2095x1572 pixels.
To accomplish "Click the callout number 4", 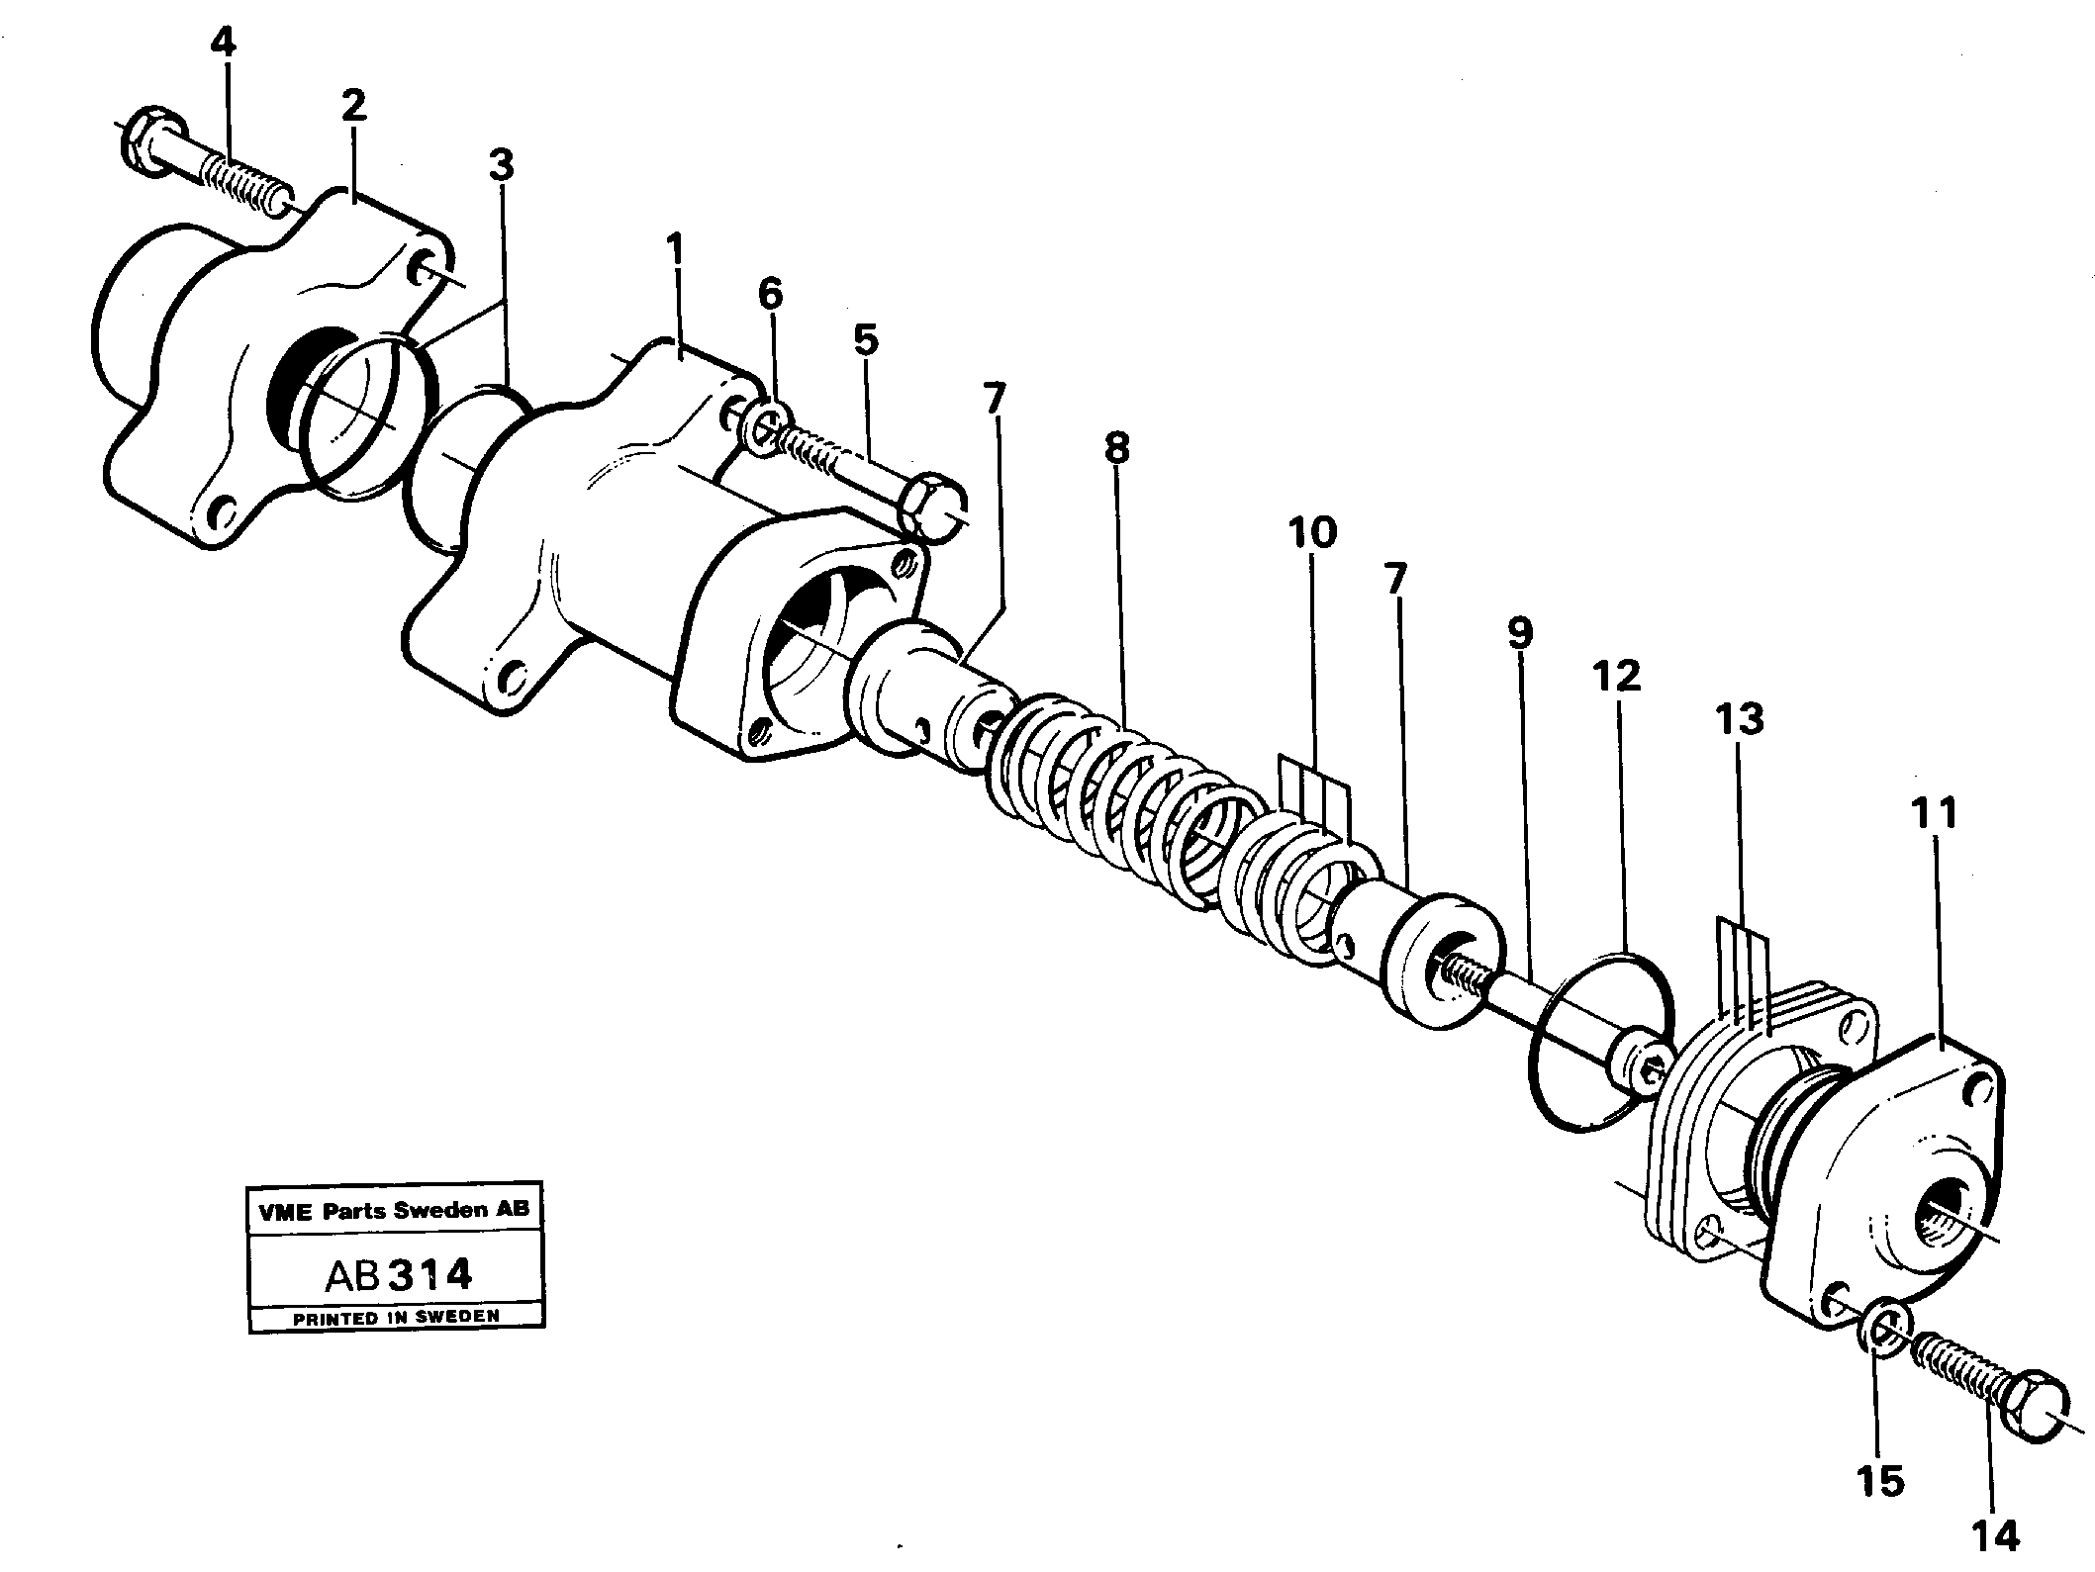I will [225, 45].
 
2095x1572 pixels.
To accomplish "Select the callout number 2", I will [353, 105].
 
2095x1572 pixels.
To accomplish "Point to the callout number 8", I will [1115, 449].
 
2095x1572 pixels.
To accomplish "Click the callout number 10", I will [1313, 533].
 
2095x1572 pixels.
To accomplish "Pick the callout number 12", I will [1616, 676].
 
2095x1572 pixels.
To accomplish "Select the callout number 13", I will [1740, 720].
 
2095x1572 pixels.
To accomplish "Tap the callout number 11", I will [1935, 813].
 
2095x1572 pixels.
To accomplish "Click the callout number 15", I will [1879, 1481].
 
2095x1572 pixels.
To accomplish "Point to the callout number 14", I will [1992, 1535].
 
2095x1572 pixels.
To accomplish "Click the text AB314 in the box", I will [398, 1275].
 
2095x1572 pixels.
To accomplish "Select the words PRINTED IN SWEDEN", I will [396, 1317].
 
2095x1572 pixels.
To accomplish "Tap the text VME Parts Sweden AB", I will [395, 1209].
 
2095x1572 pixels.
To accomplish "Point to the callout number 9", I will [1520, 633].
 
